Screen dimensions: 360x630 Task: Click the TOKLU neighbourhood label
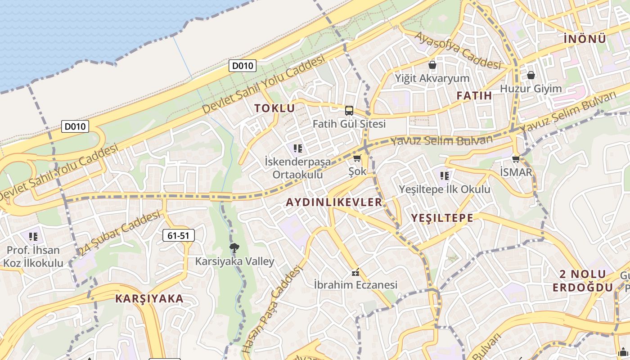pos(274,108)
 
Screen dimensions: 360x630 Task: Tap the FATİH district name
pos(474,95)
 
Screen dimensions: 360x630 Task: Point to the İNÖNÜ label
pos(585,39)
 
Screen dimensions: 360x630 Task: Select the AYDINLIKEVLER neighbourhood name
pos(334,202)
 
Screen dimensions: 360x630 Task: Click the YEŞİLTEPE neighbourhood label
pos(442,218)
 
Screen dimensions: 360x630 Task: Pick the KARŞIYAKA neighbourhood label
pos(149,298)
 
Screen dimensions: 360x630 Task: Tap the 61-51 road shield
pos(178,235)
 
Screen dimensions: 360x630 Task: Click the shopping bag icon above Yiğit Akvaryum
pos(432,65)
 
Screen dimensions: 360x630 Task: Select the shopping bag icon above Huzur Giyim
pos(531,75)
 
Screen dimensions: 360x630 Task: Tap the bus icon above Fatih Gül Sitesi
pos(349,111)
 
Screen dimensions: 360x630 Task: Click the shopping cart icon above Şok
pos(357,158)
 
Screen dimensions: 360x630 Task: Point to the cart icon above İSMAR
pos(516,159)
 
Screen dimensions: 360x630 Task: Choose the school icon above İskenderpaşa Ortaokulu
pos(297,148)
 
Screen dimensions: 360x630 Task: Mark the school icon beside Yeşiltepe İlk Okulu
pos(445,176)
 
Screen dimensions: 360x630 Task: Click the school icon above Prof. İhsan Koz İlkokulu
pos(33,236)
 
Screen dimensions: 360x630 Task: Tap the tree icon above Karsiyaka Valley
pos(234,247)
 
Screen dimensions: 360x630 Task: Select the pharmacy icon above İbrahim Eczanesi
pos(355,272)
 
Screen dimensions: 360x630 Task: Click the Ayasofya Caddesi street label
pos(458,50)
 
